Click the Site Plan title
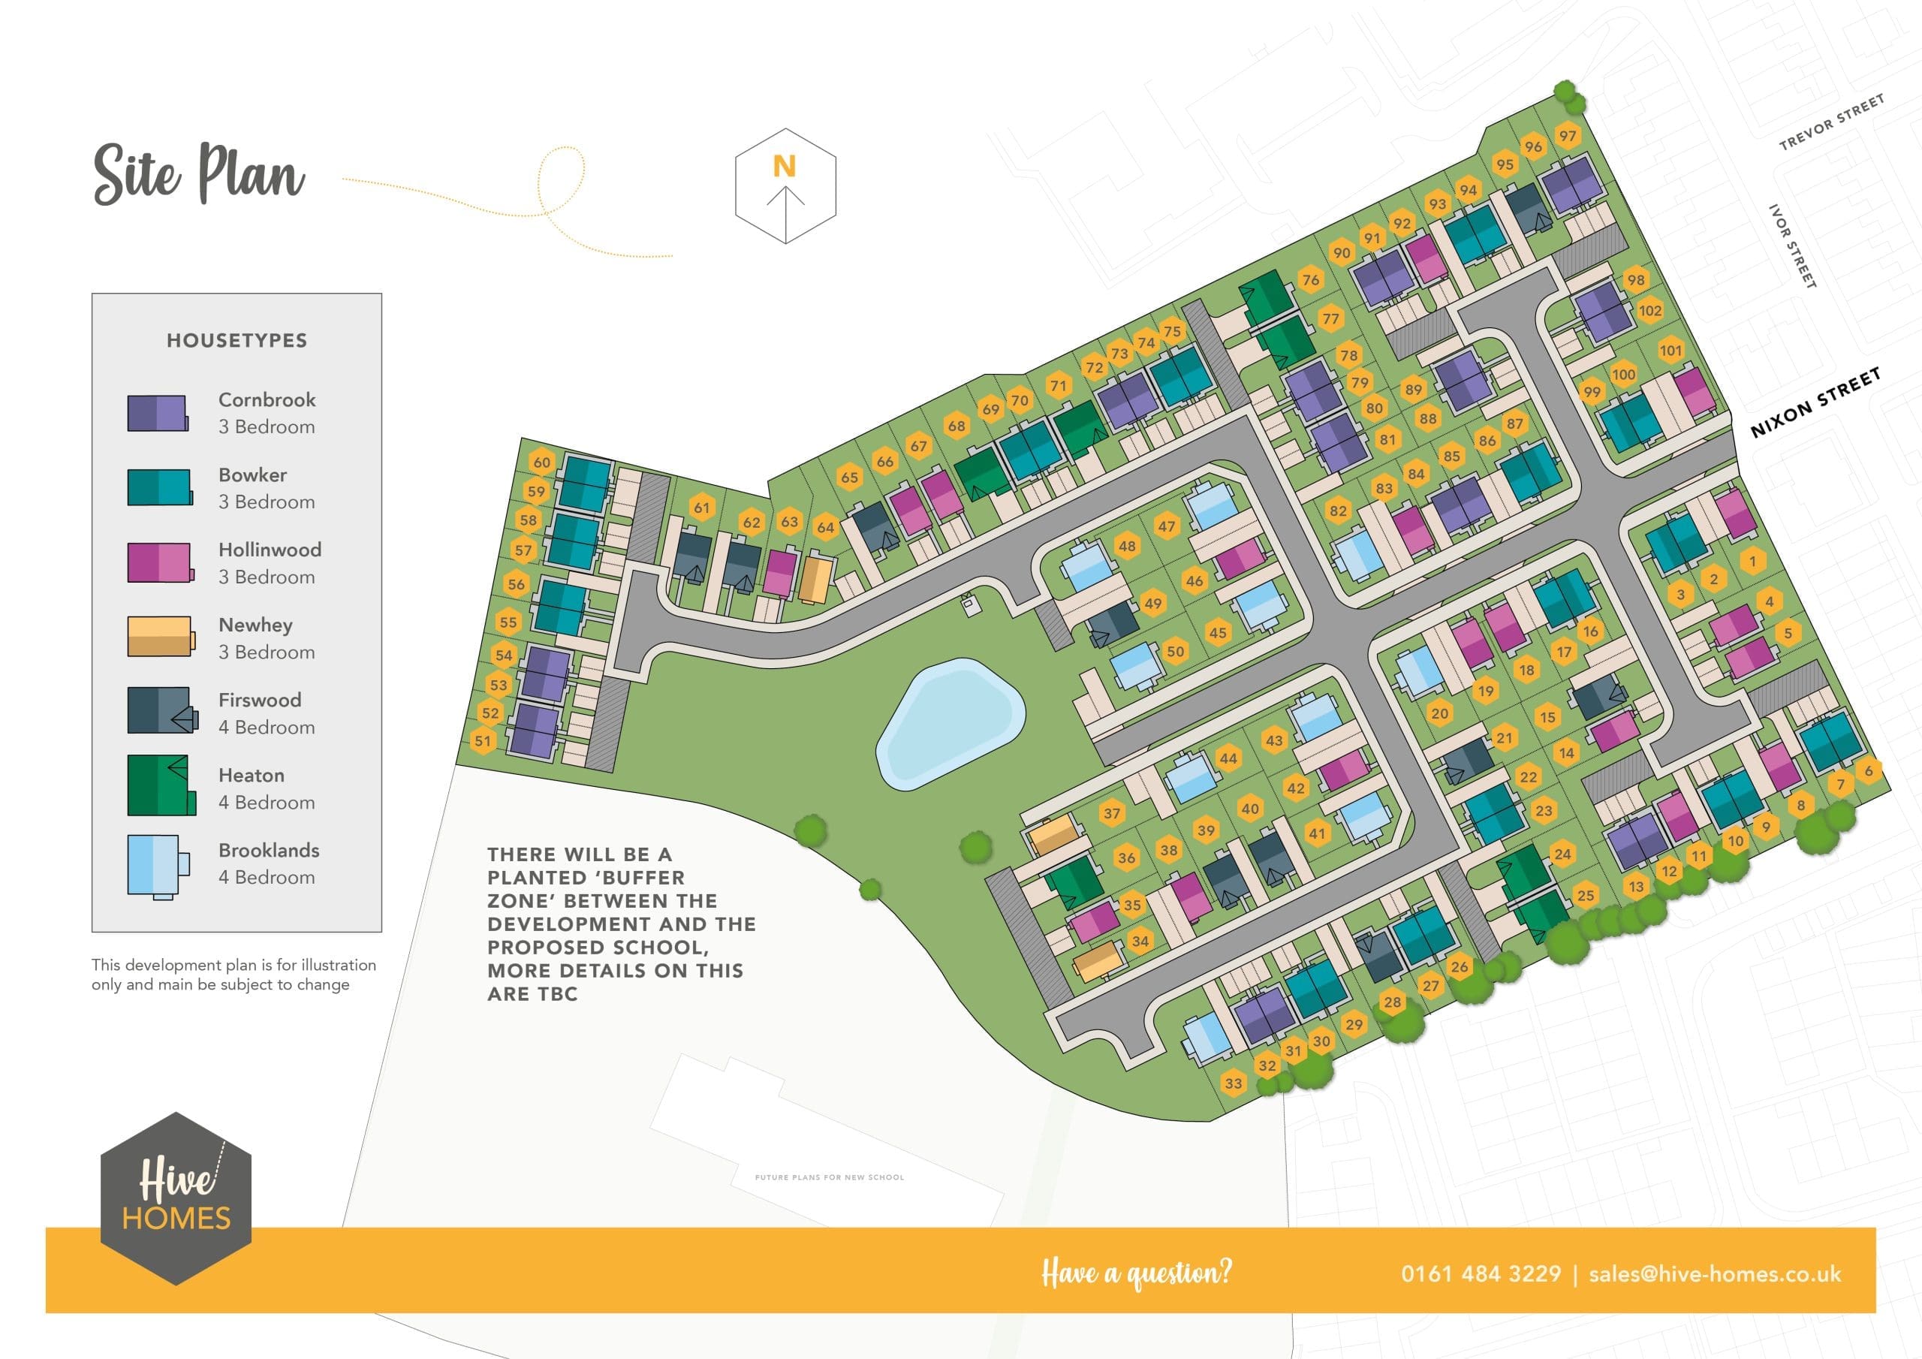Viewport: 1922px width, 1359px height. click(x=198, y=173)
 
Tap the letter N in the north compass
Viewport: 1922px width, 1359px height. click(x=785, y=166)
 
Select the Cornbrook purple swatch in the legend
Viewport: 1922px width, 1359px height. click(x=158, y=413)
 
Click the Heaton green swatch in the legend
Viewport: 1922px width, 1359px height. click(x=161, y=785)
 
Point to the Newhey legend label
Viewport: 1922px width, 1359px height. click(x=255, y=625)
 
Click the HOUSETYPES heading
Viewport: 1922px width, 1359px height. click(x=237, y=340)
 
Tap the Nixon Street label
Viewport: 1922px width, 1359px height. click(x=1815, y=402)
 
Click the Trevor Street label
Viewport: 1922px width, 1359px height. click(x=1832, y=122)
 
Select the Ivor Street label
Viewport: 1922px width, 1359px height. click(x=1791, y=246)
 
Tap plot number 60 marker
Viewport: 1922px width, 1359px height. click(x=541, y=463)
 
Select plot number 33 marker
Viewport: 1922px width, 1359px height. click(x=1233, y=1083)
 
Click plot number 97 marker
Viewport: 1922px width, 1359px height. click(x=1567, y=136)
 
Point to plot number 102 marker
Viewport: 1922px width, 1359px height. click(x=1649, y=311)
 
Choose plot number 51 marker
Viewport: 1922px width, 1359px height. click(x=482, y=740)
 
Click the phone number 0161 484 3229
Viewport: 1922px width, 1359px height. click(x=1480, y=1273)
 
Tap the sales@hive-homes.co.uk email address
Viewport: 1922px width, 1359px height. click(x=1714, y=1273)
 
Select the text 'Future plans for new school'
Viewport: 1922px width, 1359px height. click(x=829, y=1177)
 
